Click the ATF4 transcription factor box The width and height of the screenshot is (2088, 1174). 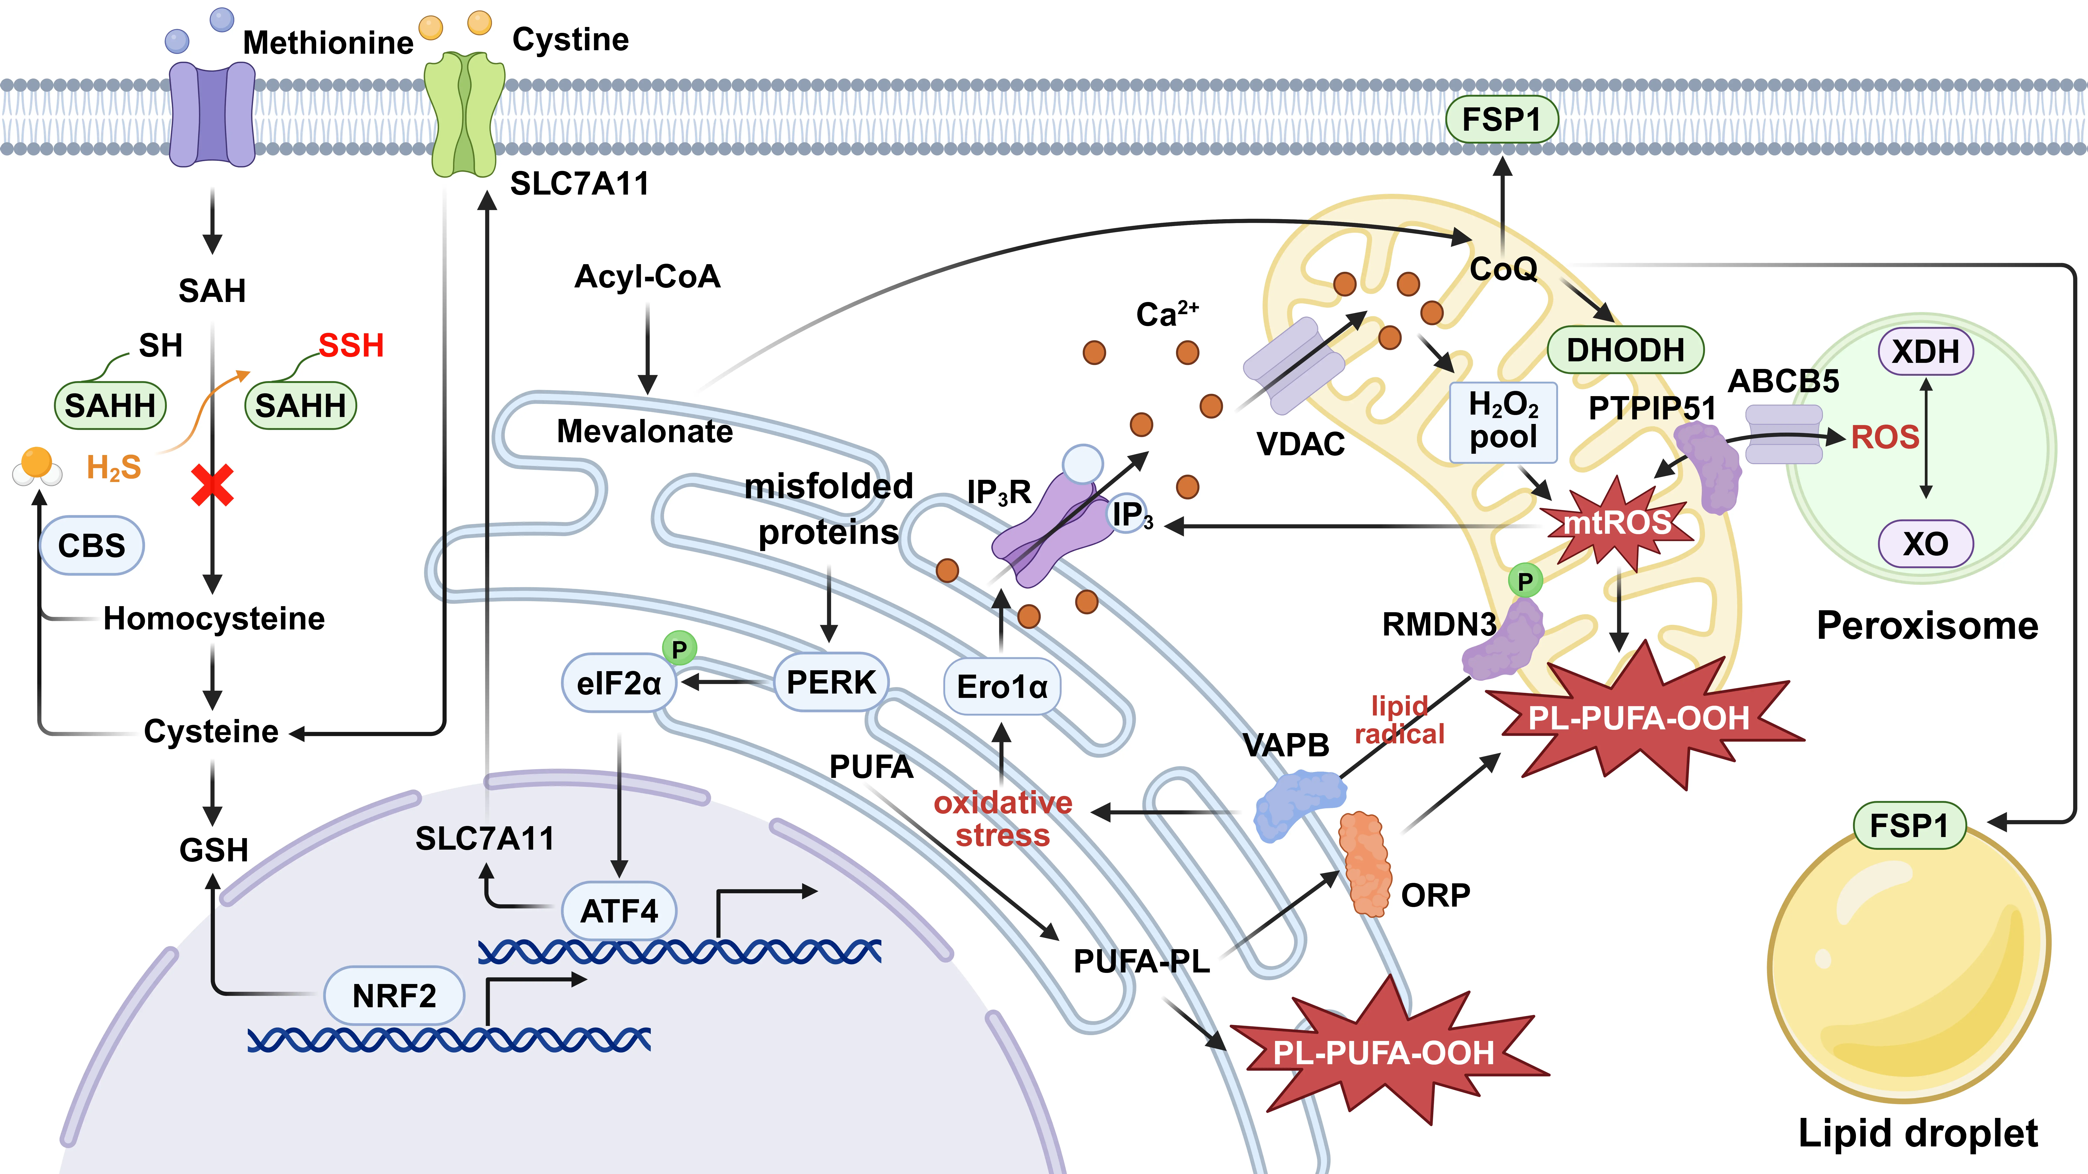(x=619, y=911)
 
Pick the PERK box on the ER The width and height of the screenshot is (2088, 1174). (x=831, y=682)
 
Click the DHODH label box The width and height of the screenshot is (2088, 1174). (x=1625, y=350)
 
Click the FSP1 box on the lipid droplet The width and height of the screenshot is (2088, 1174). (x=1910, y=826)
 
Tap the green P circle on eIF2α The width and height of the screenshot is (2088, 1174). (x=679, y=649)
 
